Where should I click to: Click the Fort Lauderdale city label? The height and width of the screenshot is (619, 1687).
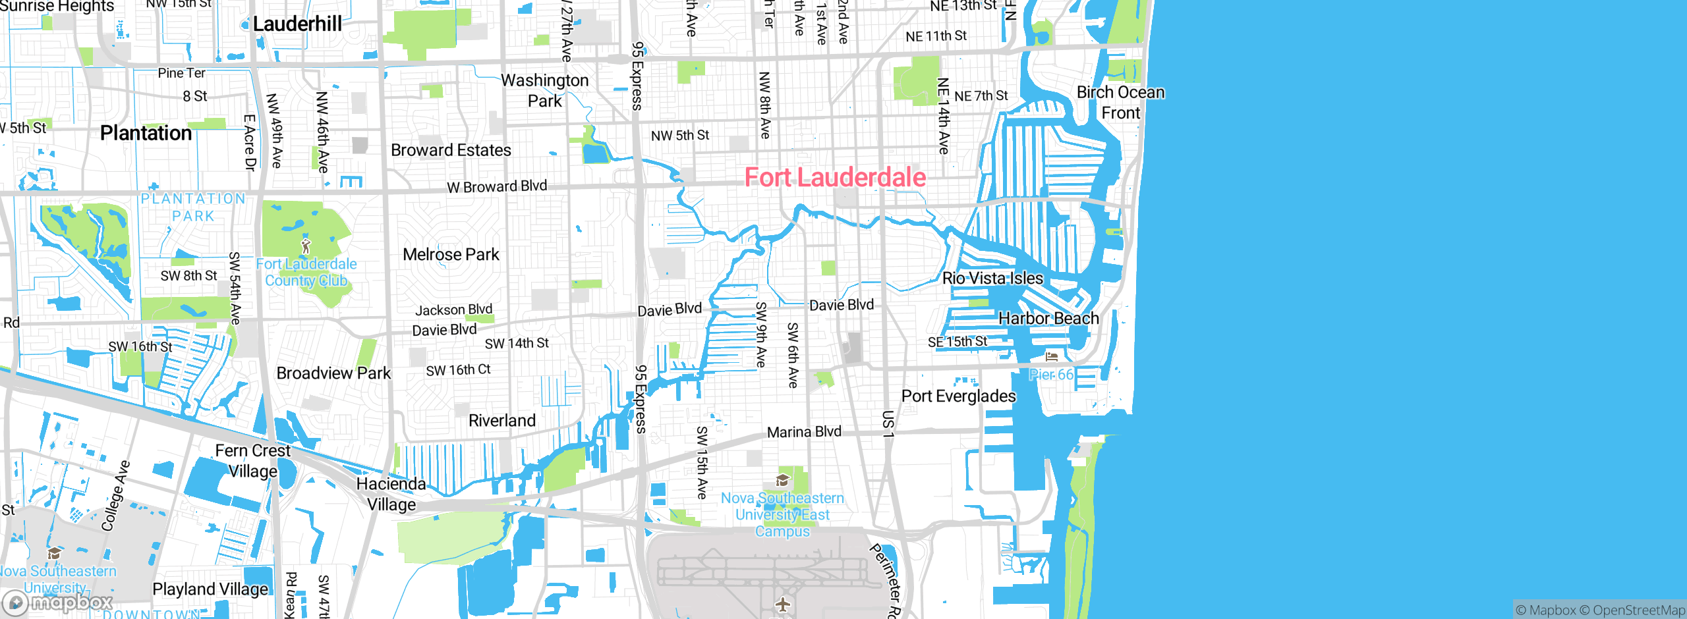(835, 177)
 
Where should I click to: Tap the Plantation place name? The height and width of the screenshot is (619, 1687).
(146, 133)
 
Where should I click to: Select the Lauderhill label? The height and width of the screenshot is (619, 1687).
(297, 24)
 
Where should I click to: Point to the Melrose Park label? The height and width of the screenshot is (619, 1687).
(451, 254)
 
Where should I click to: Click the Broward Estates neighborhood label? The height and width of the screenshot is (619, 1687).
(451, 150)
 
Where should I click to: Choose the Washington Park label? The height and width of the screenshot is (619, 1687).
(545, 90)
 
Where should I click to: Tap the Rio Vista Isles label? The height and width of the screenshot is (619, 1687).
(992, 278)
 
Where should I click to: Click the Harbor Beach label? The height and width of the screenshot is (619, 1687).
(1048, 318)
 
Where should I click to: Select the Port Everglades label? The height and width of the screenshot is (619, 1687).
(958, 396)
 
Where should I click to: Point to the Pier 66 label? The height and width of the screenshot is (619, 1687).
(1052, 375)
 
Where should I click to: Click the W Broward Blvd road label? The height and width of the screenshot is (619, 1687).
(497, 186)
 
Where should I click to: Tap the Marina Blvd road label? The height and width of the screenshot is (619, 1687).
(804, 432)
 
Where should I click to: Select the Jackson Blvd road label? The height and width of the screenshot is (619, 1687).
(453, 309)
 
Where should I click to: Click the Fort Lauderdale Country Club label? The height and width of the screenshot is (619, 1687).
(306, 272)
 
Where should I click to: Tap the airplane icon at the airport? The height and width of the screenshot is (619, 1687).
(783, 603)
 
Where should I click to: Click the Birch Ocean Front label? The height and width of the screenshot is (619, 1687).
(1120, 102)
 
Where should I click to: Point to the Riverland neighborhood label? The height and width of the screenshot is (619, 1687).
(501, 420)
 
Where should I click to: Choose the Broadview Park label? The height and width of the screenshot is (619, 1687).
(333, 373)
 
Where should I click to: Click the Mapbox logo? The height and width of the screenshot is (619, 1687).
(58, 602)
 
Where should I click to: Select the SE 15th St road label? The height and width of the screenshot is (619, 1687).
(957, 342)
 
